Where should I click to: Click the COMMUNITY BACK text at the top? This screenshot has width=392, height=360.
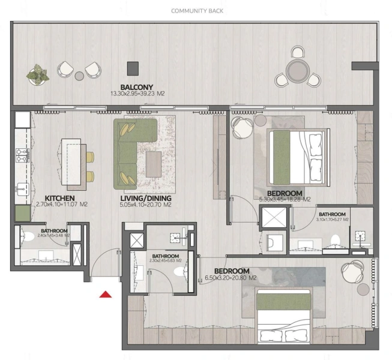tap(196, 11)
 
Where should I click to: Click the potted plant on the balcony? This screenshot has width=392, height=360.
tap(38, 74)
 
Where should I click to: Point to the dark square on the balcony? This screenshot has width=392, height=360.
tap(133, 67)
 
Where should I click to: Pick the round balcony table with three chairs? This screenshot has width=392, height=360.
tap(297, 70)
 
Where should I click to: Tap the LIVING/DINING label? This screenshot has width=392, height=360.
tap(146, 198)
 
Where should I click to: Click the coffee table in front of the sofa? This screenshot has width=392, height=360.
tap(154, 163)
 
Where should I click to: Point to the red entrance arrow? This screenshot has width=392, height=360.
tap(106, 293)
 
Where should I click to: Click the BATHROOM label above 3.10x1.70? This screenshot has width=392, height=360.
tap(332, 214)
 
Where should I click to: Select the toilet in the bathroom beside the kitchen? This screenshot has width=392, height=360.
tap(29, 239)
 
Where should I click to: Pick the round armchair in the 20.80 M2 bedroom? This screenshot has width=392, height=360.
tap(349, 271)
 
